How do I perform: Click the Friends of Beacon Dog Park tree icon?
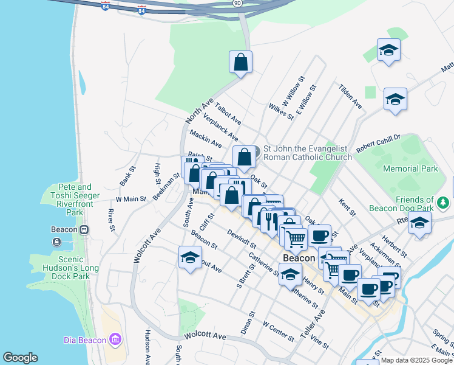click(x=444, y=201)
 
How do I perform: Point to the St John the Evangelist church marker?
click(x=256, y=150)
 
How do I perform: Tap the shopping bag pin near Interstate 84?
click(x=240, y=62)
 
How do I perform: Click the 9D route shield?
click(x=237, y=3)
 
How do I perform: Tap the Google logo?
click(x=20, y=358)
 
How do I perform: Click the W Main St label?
click(x=132, y=199)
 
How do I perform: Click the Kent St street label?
click(x=347, y=207)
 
